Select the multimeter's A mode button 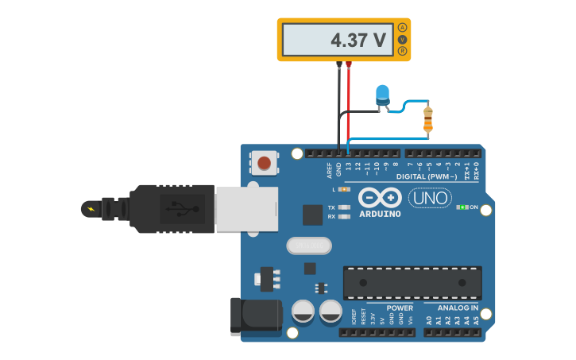(402, 27)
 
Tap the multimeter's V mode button (402, 39)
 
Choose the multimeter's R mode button (402, 51)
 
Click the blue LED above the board (382, 94)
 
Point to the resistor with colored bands (428, 119)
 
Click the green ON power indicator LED (461, 207)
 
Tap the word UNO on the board (430, 197)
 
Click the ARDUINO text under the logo (380, 214)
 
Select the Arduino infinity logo (380, 197)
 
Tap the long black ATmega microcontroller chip (412, 282)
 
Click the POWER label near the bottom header (400, 308)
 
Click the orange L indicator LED (343, 189)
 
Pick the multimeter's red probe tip (349, 64)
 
